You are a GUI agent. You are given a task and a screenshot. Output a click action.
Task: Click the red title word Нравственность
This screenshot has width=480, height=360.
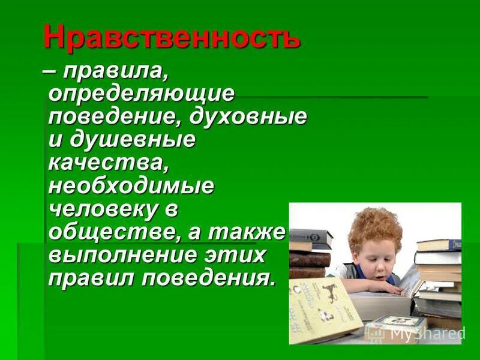pyautogui.click(x=171, y=38)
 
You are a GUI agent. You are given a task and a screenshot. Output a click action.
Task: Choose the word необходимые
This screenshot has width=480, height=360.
pyautogui.click(x=131, y=185)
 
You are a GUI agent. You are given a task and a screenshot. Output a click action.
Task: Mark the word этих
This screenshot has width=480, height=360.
pyautogui.click(x=240, y=254)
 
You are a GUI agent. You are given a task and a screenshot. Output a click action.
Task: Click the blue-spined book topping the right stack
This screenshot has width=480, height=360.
pyautogui.click(x=439, y=245)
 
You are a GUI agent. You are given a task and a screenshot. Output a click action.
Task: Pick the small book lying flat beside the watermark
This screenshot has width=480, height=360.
pyautogui.click(x=396, y=324)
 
